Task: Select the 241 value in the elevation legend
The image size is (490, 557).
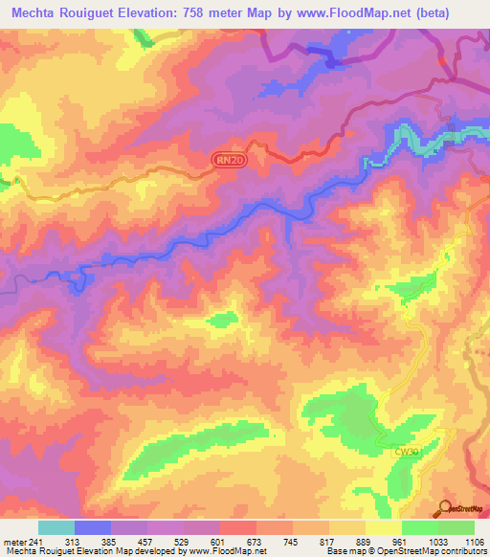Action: [x=35, y=542]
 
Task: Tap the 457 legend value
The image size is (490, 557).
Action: [x=146, y=542]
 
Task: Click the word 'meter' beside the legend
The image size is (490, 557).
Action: [x=13, y=542]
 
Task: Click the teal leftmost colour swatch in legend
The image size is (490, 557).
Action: [x=56, y=527]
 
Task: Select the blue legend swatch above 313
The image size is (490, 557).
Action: [x=93, y=527]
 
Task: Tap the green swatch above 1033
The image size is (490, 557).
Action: [x=420, y=527]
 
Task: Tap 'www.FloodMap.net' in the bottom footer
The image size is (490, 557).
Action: [x=226, y=552]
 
